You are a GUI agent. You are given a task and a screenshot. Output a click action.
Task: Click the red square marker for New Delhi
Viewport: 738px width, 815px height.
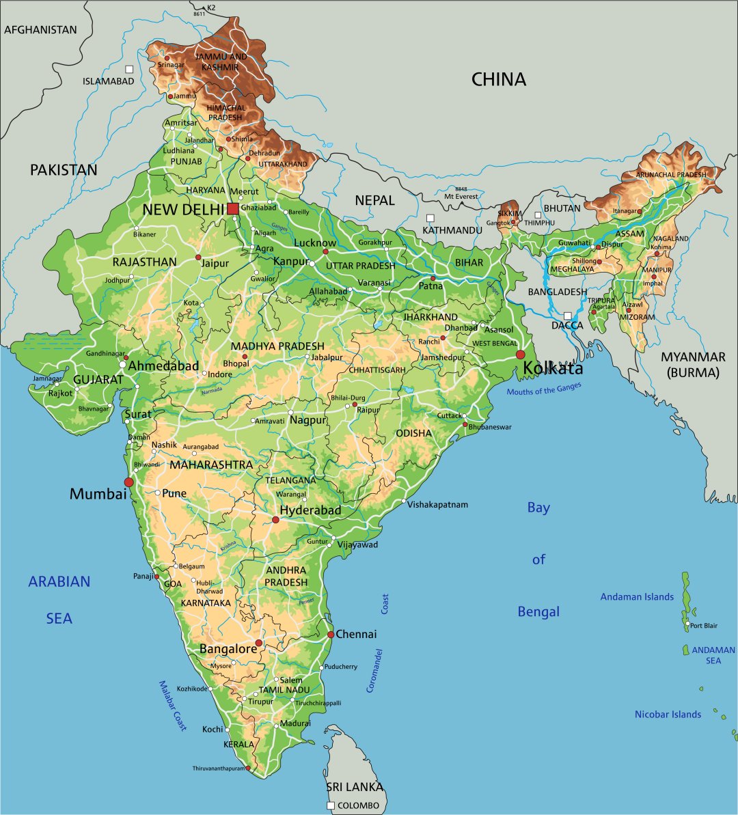233,208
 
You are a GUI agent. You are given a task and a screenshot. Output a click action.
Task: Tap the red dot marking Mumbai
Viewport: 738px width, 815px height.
129,482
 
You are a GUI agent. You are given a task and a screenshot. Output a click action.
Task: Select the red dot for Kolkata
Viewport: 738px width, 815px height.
521,355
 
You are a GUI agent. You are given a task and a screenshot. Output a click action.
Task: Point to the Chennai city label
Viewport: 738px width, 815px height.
356,635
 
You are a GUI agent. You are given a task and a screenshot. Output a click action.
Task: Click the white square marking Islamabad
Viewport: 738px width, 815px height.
129,69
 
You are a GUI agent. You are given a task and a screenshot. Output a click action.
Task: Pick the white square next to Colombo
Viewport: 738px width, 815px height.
331,806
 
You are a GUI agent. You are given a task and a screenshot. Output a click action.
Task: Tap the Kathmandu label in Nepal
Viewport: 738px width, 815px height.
452,230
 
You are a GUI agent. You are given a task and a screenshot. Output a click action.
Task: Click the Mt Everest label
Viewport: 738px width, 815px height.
461,197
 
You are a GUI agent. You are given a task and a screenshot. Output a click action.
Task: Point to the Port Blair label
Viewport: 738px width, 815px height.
704,626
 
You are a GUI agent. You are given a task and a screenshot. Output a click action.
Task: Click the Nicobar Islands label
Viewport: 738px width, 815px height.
668,715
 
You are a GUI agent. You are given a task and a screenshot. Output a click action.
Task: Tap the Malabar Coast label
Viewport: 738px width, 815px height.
173,706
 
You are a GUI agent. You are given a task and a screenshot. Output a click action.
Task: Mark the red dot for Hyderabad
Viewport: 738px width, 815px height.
275,520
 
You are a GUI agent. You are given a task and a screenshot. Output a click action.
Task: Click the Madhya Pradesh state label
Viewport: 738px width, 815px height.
277,346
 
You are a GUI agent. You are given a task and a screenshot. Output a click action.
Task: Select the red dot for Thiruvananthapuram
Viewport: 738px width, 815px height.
248,769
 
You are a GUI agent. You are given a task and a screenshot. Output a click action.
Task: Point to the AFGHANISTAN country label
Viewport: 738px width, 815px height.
40,30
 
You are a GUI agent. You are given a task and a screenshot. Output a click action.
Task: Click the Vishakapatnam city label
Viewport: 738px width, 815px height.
438,505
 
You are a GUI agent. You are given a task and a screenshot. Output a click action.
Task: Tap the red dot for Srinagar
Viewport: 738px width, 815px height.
157,58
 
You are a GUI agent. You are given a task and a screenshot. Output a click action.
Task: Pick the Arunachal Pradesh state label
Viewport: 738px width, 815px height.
671,175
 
